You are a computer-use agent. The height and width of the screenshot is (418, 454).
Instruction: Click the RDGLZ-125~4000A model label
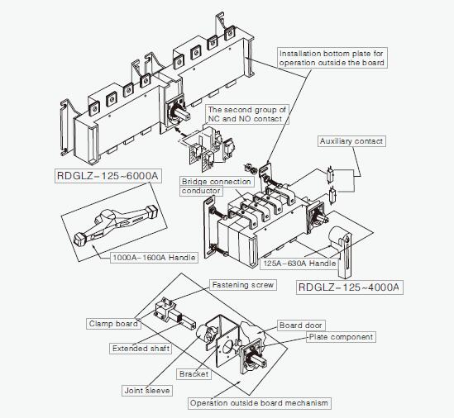click(x=349, y=287)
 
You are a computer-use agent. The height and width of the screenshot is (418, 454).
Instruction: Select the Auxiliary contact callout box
click(x=351, y=141)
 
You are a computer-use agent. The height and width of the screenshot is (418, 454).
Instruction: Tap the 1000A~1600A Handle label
click(x=154, y=258)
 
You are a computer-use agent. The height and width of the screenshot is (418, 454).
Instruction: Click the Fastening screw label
click(x=242, y=285)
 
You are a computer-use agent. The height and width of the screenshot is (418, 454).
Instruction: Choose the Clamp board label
click(x=112, y=324)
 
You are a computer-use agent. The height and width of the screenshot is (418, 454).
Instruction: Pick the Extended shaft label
click(x=141, y=349)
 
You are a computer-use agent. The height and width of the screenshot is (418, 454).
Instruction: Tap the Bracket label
click(x=194, y=374)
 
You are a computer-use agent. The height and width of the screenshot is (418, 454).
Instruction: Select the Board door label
click(x=301, y=325)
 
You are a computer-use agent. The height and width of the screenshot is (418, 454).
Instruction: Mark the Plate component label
click(x=341, y=337)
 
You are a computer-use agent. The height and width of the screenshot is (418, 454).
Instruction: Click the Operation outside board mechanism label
click(x=259, y=403)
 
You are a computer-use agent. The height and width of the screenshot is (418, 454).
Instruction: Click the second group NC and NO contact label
click(x=246, y=115)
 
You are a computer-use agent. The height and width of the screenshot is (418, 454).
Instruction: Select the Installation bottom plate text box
click(x=332, y=57)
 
